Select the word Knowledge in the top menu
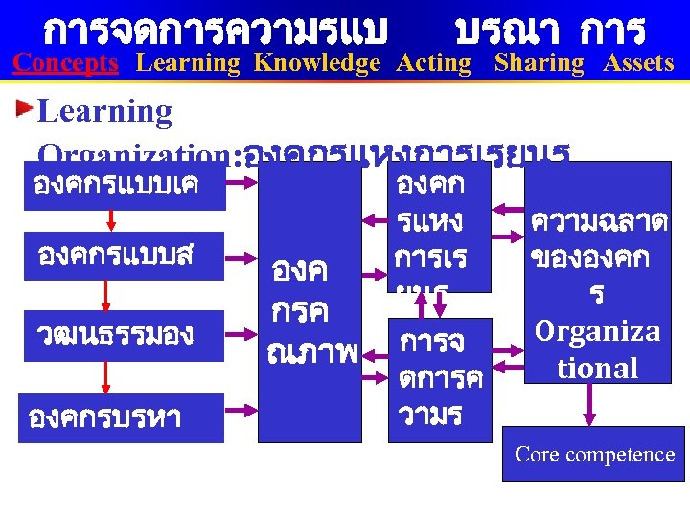click(317, 64)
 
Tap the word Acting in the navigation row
click(434, 64)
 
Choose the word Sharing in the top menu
click(539, 64)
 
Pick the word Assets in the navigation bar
click(638, 64)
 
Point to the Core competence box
click(594, 454)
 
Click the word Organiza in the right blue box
click(597, 332)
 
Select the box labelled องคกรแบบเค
click(121, 186)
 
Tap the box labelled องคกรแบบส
click(121, 256)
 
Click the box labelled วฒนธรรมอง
click(121, 335)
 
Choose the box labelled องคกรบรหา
click(121, 418)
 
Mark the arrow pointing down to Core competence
click(591, 404)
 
